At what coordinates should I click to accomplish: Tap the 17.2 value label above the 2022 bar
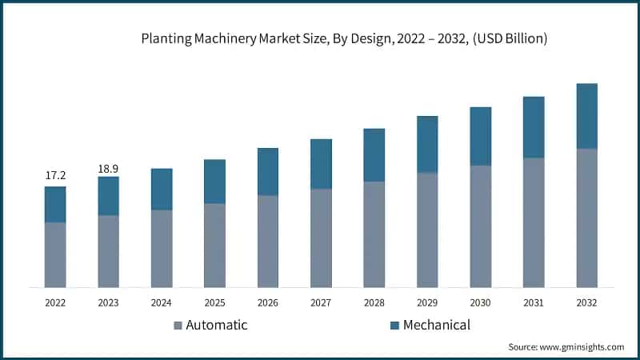[x=55, y=174]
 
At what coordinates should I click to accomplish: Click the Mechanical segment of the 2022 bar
[x=55, y=205]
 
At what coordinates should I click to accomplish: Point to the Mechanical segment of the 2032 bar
[x=586, y=116]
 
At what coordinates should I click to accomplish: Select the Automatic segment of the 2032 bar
[x=586, y=218]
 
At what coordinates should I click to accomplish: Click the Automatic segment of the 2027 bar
[x=321, y=238]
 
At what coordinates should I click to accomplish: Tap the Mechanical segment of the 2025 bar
[x=214, y=182]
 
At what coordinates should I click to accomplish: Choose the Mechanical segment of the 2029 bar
[x=427, y=144]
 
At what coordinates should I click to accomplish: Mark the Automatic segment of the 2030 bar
[x=480, y=226]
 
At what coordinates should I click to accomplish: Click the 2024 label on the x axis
[x=162, y=303]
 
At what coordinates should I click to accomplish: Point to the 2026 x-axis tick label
[x=268, y=303]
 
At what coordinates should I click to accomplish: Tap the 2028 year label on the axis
[x=374, y=303]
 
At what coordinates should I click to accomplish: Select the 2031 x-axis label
[x=534, y=303]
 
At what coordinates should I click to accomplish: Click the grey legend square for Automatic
[x=178, y=326]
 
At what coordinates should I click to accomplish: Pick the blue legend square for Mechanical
[x=395, y=326]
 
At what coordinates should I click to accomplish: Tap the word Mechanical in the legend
[x=436, y=325]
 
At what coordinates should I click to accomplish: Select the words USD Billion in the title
[x=506, y=38]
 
